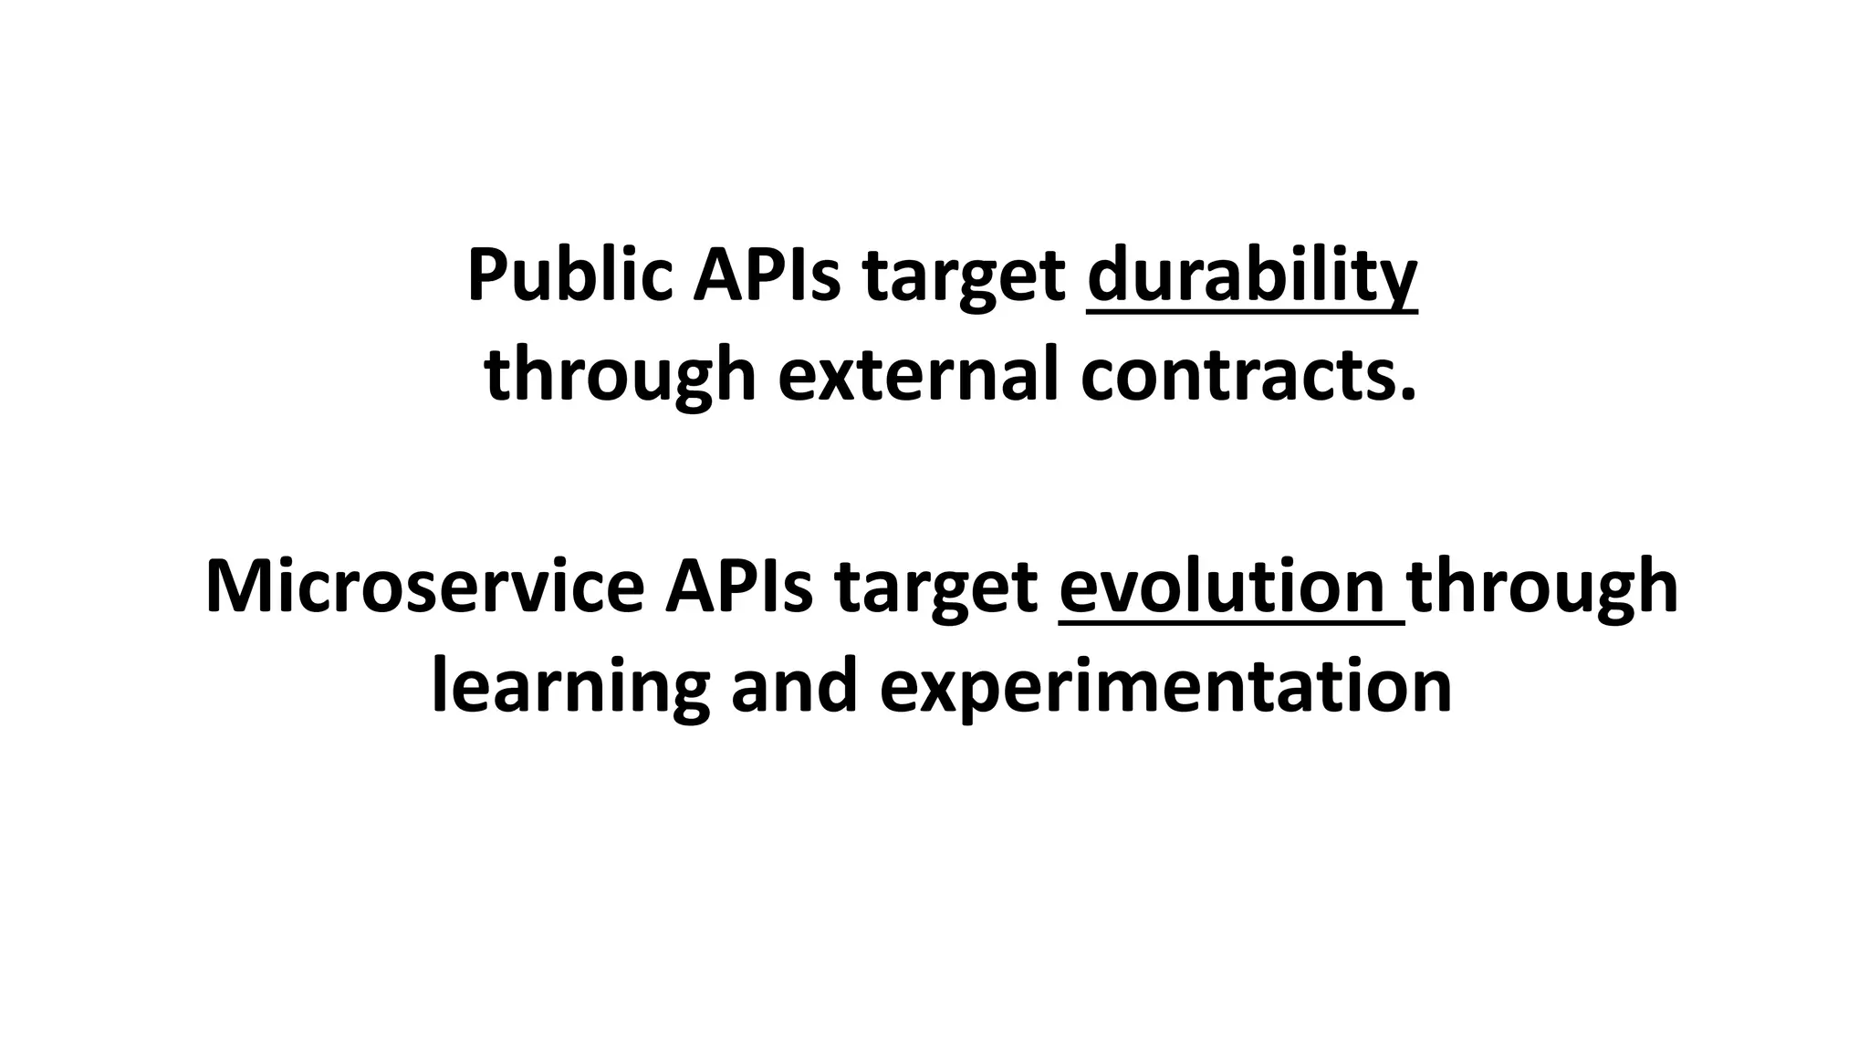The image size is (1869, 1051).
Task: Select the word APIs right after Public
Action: [x=766, y=275]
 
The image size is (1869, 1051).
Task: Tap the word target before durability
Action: [x=964, y=278]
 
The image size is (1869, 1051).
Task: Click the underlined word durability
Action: [x=1252, y=275]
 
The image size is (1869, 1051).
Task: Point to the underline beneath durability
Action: [x=1252, y=313]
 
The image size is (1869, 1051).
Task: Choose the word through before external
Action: [x=621, y=376]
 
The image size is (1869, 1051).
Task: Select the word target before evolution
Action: [x=936, y=589]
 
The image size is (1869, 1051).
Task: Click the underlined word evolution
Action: [x=1222, y=586]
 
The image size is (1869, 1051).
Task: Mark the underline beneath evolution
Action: [x=1232, y=624]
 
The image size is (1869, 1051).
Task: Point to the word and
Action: [x=794, y=686]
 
